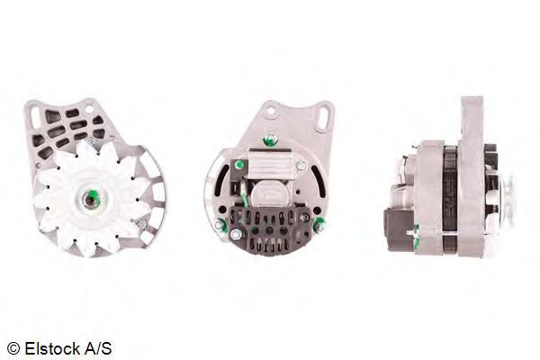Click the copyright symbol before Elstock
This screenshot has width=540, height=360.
click(13, 348)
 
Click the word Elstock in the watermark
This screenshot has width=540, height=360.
click(52, 348)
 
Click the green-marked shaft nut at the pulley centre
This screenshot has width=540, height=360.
click(91, 198)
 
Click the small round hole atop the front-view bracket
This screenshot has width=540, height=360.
click(89, 110)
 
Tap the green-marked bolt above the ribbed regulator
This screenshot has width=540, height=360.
click(269, 139)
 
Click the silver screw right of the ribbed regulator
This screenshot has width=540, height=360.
click(301, 166)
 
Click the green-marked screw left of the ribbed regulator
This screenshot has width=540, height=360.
click(238, 165)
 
